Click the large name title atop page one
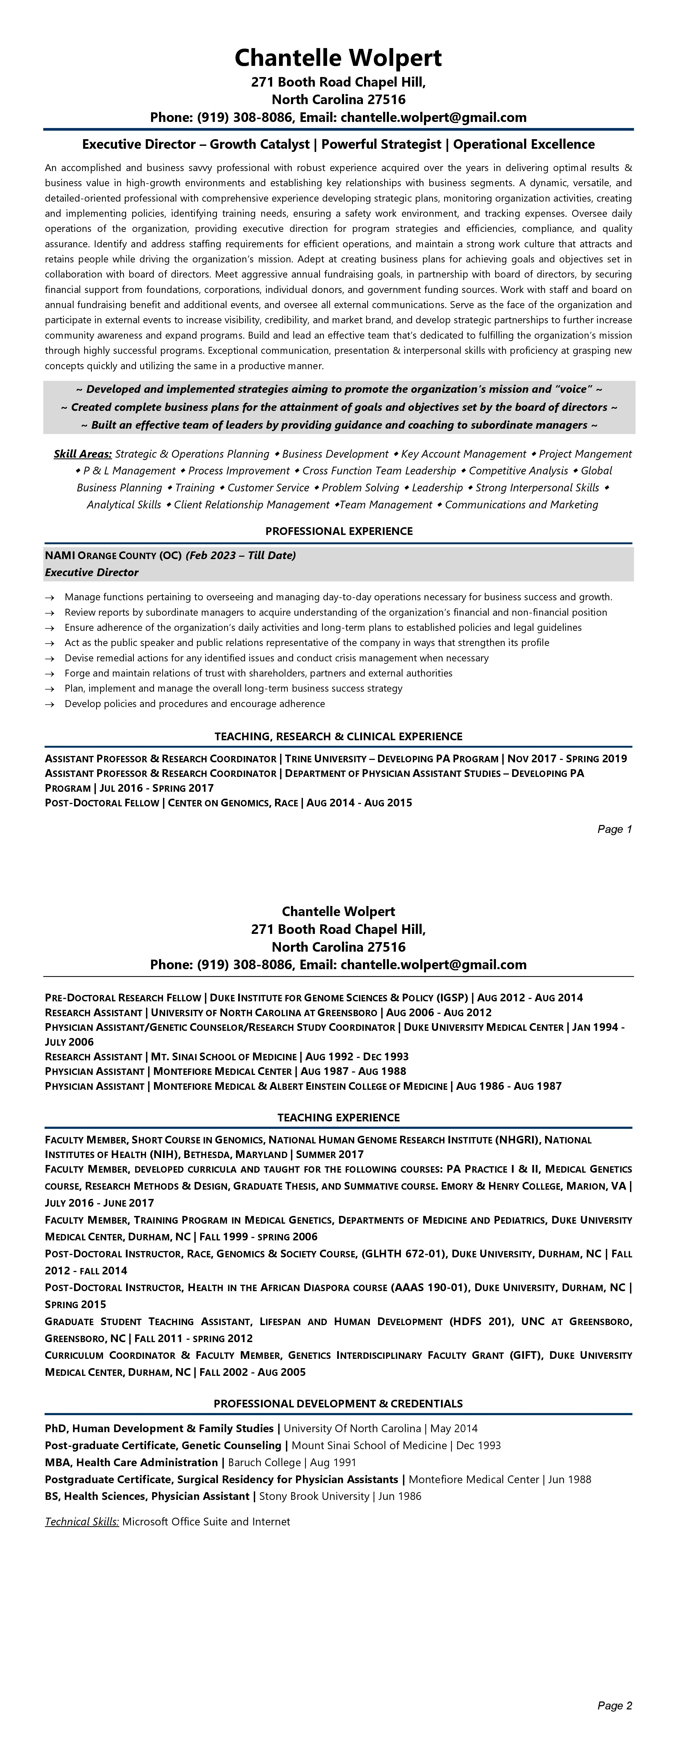[338, 58]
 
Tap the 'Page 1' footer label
[614, 829]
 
